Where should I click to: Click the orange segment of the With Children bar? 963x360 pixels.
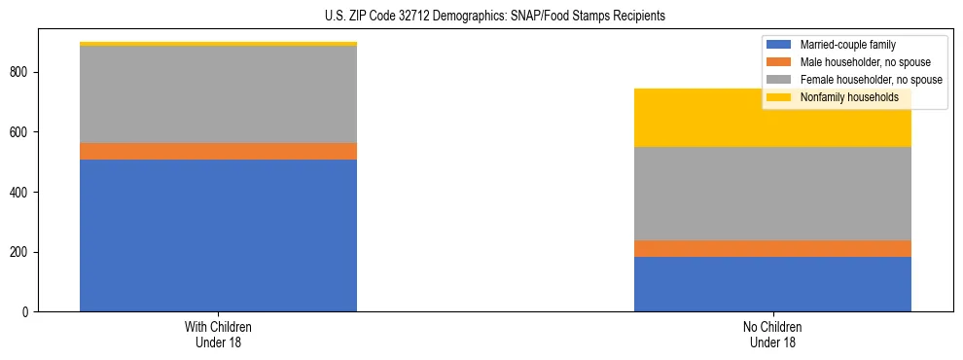tap(218, 151)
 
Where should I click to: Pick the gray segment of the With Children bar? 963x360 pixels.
tap(218, 94)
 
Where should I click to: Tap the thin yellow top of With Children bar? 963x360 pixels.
tap(218, 44)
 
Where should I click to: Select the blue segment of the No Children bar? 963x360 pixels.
tap(772, 284)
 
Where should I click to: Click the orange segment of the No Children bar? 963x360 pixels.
tap(772, 248)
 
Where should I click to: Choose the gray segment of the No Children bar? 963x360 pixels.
tap(772, 194)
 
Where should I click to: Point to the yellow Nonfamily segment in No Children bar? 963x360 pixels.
tap(772, 118)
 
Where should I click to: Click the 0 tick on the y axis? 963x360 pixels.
tap(27, 312)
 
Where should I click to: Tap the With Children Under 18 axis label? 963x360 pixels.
tap(218, 334)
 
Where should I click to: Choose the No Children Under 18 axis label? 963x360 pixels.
tap(772, 334)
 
